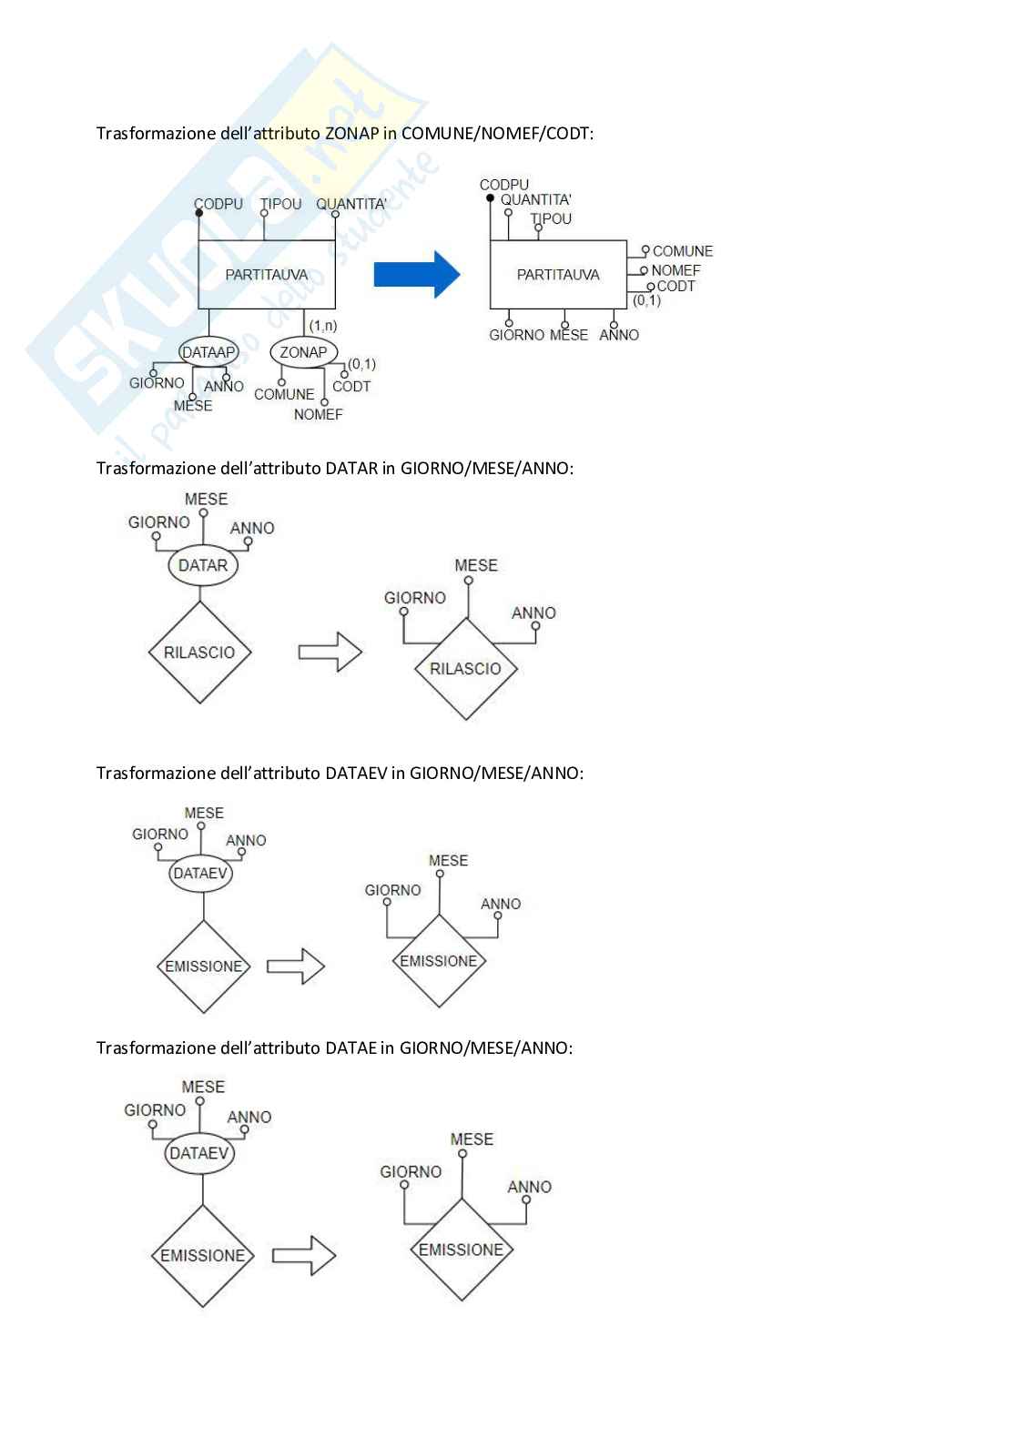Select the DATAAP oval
pyautogui.click(x=208, y=352)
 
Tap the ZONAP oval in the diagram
pyautogui.click(x=304, y=352)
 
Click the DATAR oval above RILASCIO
pyautogui.click(x=202, y=565)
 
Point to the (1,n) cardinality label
pyautogui.click(x=323, y=325)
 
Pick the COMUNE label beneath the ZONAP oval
pyautogui.click(x=284, y=394)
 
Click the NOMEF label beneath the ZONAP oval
pyautogui.click(x=318, y=415)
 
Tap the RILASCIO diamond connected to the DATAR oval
pyautogui.click(x=199, y=652)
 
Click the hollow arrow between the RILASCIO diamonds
pyautogui.click(x=330, y=652)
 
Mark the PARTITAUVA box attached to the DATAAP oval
pyautogui.click(x=267, y=275)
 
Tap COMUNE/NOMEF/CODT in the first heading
pyautogui.click(x=497, y=134)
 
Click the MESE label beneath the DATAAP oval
pyautogui.click(x=193, y=406)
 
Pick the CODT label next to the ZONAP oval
pyautogui.click(x=351, y=387)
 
